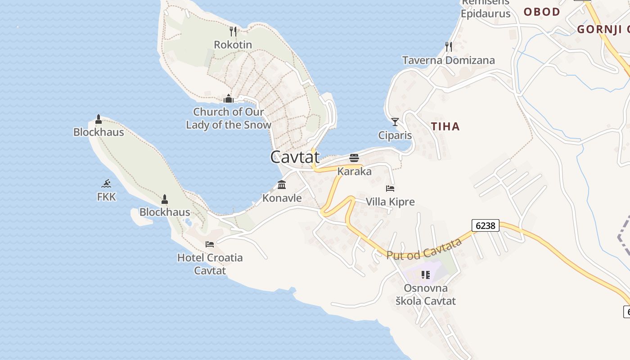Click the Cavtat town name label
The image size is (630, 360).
point(295,157)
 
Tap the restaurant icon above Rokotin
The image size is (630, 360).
point(233,31)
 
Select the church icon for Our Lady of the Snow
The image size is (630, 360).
point(229,98)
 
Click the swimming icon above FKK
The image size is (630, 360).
point(106,183)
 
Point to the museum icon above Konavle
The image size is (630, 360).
point(282,184)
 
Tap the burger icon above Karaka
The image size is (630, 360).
point(354,158)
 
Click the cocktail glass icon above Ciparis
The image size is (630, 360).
point(395,121)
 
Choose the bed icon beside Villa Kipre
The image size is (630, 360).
point(390,188)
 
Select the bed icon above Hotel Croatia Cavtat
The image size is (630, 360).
point(210,244)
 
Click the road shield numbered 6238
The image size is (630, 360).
point(486,225)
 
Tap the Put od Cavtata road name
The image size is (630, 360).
point(424,249)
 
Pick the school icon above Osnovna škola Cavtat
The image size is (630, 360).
point(425,274)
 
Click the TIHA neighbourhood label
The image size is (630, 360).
point(445,126)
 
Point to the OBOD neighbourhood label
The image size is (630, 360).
point(542,12)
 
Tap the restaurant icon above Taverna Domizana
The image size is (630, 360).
point(448,46)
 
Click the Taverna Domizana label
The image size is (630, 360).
point(448,60)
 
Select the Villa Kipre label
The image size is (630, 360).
point(390,202)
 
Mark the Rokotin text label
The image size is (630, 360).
point(233,45)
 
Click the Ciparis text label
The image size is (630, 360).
point(395,135)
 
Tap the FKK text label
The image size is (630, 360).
point(106,197)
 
